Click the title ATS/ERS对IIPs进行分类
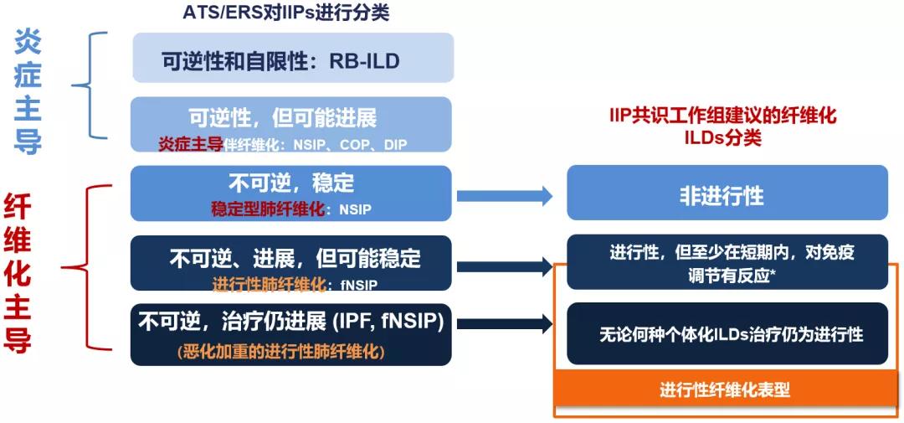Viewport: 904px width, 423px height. tap(286, 13)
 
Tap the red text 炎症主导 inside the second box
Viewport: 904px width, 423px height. tap(191, 145)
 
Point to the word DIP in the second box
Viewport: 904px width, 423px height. tap(395, 145)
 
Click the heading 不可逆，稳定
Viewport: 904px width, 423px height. tap(291, 182)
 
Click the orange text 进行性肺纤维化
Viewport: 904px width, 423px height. tap(269, 284)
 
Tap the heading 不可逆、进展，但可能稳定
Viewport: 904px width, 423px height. tap(295, 257)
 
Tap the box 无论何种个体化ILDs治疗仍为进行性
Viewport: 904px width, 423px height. tap(727, 334)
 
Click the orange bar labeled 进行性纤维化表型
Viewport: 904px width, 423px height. tap(725, 389)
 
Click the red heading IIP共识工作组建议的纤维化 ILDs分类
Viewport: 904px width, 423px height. tap(724, 126)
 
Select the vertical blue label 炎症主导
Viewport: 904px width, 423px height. tap(28, 92)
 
